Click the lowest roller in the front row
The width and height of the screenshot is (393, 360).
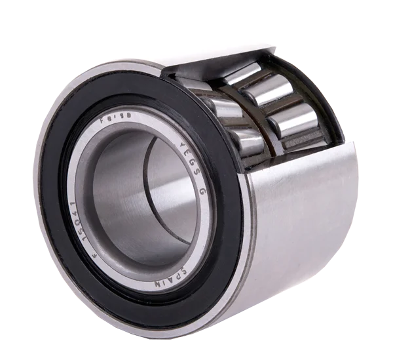[246, 140]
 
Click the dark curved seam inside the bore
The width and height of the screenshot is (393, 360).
[160, 197]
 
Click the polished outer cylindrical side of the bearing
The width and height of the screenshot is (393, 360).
[308, 216]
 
